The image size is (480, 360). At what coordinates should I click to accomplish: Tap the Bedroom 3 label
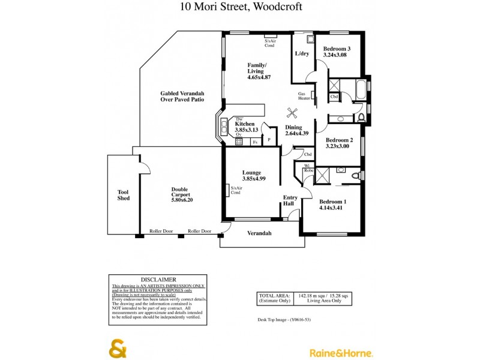pyautogui.click(x=337, y=49)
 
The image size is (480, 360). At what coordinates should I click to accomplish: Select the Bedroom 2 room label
pyautogui.click(x=339, y=140)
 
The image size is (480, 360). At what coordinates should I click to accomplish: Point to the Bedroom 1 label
pyautogui.click(x=333, y=202)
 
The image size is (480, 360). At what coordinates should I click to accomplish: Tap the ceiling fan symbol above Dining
pyautogui.click(x=292, y=113)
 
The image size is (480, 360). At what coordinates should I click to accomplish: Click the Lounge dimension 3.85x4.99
pyautogui.click(x=253, y=178)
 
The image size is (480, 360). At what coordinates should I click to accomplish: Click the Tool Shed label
pyautogui.click(x=123, y=195)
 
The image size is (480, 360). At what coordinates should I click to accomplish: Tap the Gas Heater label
pyautogui.click(x=304, y=95)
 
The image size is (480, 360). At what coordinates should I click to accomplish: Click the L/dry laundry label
pyautogui.click(x=302, y=53)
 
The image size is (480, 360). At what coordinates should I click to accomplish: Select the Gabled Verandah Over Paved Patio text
pyautogui.click(x=182, y=97)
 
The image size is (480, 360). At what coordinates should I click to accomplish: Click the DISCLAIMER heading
pyautogui.click(x=158, y=279)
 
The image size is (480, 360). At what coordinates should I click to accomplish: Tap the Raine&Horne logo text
pyautogui.click(x=341, y=353)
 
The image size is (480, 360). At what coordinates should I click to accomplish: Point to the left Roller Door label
pyautogui.click(x=161, y=231)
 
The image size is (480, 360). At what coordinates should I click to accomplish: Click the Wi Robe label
pyautogui.click(x=307, y=168)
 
